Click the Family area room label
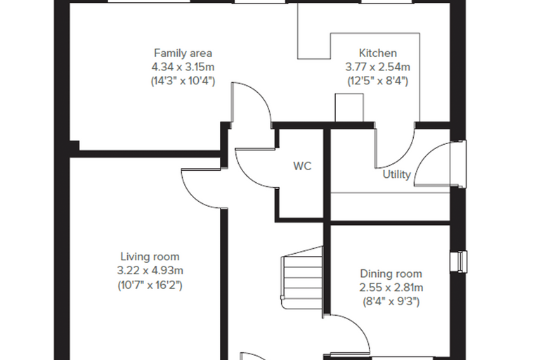click(183, 53)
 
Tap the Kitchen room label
click(378, 53)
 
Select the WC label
click(302, 166)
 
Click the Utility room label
click(396, 174)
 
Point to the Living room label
click(150, 257)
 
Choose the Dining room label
click(391, 274)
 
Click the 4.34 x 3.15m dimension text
click(183, 67)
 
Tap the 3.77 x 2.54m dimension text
click(378, 67)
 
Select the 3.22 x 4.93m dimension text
click(150, 270)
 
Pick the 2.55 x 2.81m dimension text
click(391, 288)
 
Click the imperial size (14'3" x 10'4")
click(183, 81)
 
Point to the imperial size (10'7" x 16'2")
click(150, 285)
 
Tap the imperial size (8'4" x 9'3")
click(391, 302)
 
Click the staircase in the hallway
click(301, 278)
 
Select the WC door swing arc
click(247, 176)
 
